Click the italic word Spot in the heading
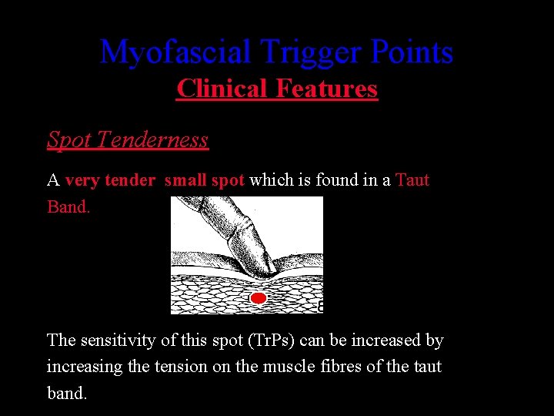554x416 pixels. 70,139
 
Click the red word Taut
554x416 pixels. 412,180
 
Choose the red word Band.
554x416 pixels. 68,206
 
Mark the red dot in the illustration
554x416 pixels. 259,297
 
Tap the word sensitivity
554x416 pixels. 123,341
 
